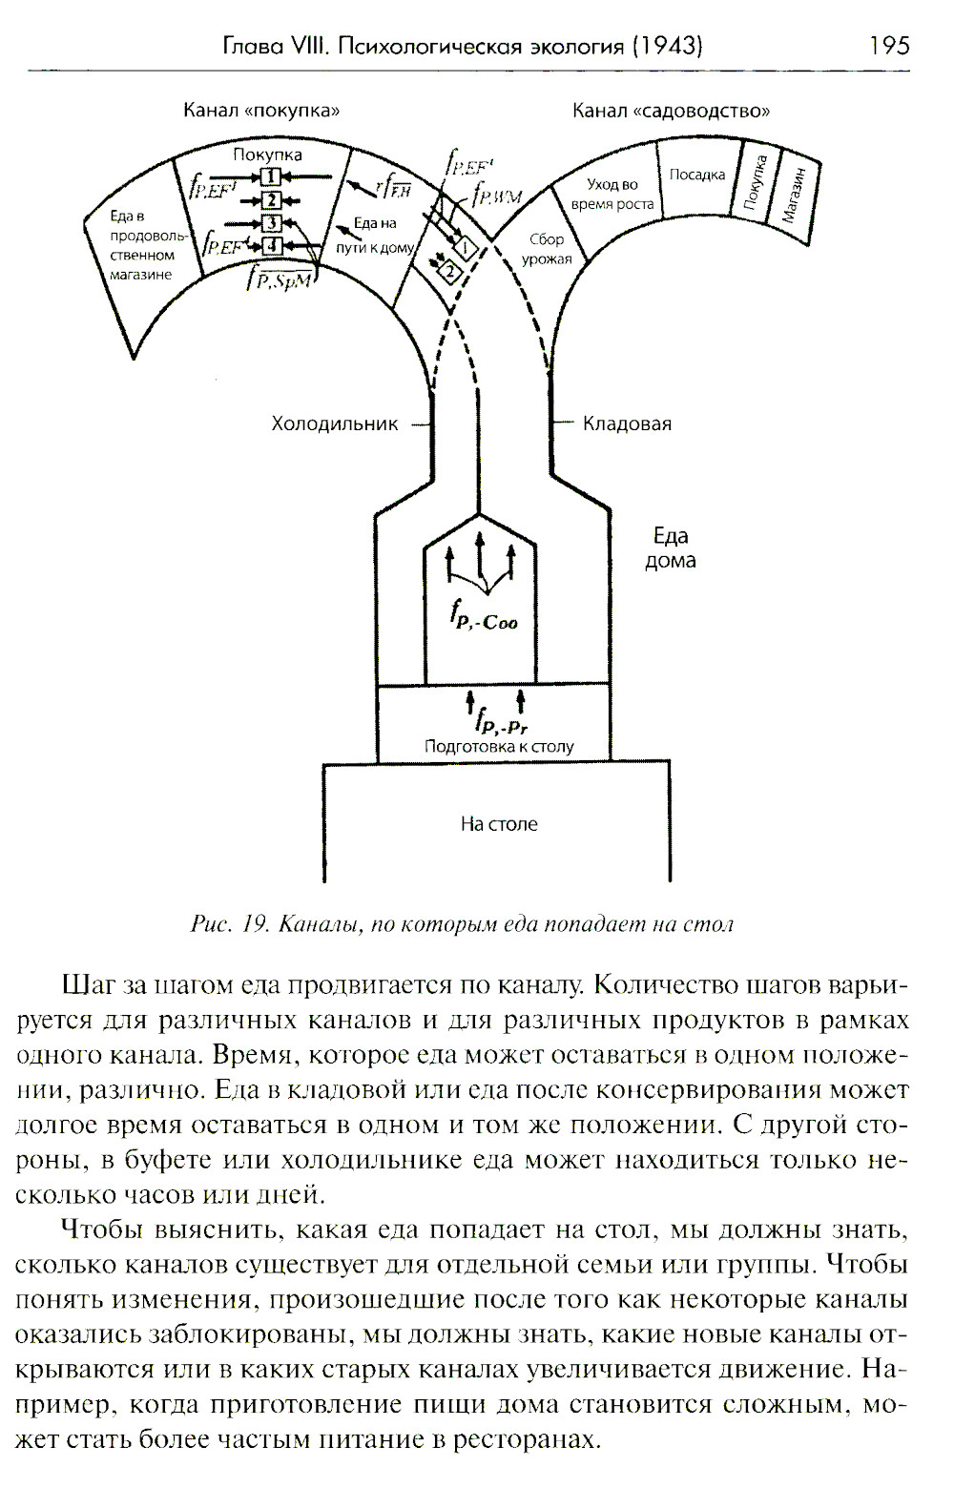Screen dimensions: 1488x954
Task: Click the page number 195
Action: [889, 45]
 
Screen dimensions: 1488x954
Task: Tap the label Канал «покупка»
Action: [261, 111]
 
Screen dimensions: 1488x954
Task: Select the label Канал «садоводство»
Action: [671, 111]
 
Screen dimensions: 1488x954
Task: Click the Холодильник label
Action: [334, 424]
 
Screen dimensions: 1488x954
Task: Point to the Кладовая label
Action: [627, 424]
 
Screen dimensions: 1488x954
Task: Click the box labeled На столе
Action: [498, 823]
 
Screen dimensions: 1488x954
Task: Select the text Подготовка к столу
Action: [499, 747]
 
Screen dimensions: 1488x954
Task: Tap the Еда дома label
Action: [670, 548]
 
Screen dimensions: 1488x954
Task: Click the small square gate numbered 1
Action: [271, 176]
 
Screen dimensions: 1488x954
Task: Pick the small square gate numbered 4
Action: [272, 245]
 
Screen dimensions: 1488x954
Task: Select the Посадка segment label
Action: [696, 175]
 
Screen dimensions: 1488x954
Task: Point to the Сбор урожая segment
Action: [547, 249]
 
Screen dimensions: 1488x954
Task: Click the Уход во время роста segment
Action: [612, 194]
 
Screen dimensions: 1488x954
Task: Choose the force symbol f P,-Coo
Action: [484, 617]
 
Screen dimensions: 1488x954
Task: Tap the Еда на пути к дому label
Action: [374, 235]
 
